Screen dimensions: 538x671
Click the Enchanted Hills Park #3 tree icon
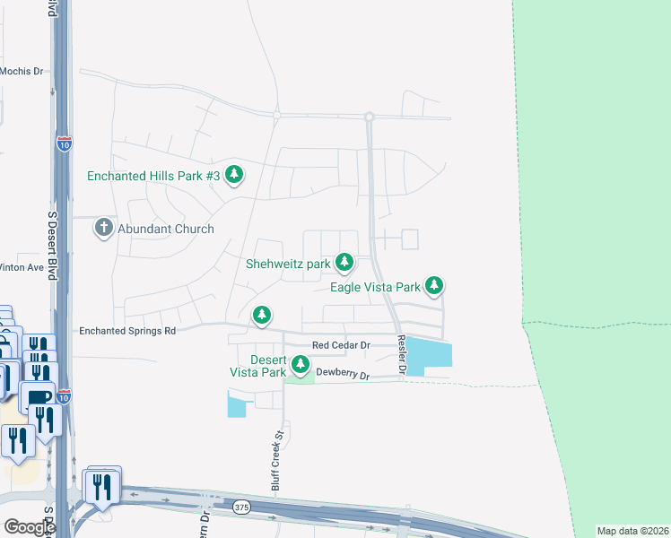coord(234,174)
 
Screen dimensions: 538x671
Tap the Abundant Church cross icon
coord(103,228)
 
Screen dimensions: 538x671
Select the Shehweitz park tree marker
coord(344,262)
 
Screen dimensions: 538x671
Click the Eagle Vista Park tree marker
coord(434,285)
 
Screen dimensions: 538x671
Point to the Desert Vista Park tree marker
coord(300,364)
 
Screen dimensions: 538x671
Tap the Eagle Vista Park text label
coord(375,288)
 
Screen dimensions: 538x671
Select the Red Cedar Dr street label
coord(341,345)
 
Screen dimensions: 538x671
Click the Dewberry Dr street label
coord(343,377)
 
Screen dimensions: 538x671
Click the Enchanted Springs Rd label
coord(127,331)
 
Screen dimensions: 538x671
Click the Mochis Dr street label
coord(22,71)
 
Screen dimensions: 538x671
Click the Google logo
coord(30,526)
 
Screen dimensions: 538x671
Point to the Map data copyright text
coord(633,531)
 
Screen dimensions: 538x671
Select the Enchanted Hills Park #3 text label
coord(153,176)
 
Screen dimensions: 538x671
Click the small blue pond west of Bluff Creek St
coord(237,407)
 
